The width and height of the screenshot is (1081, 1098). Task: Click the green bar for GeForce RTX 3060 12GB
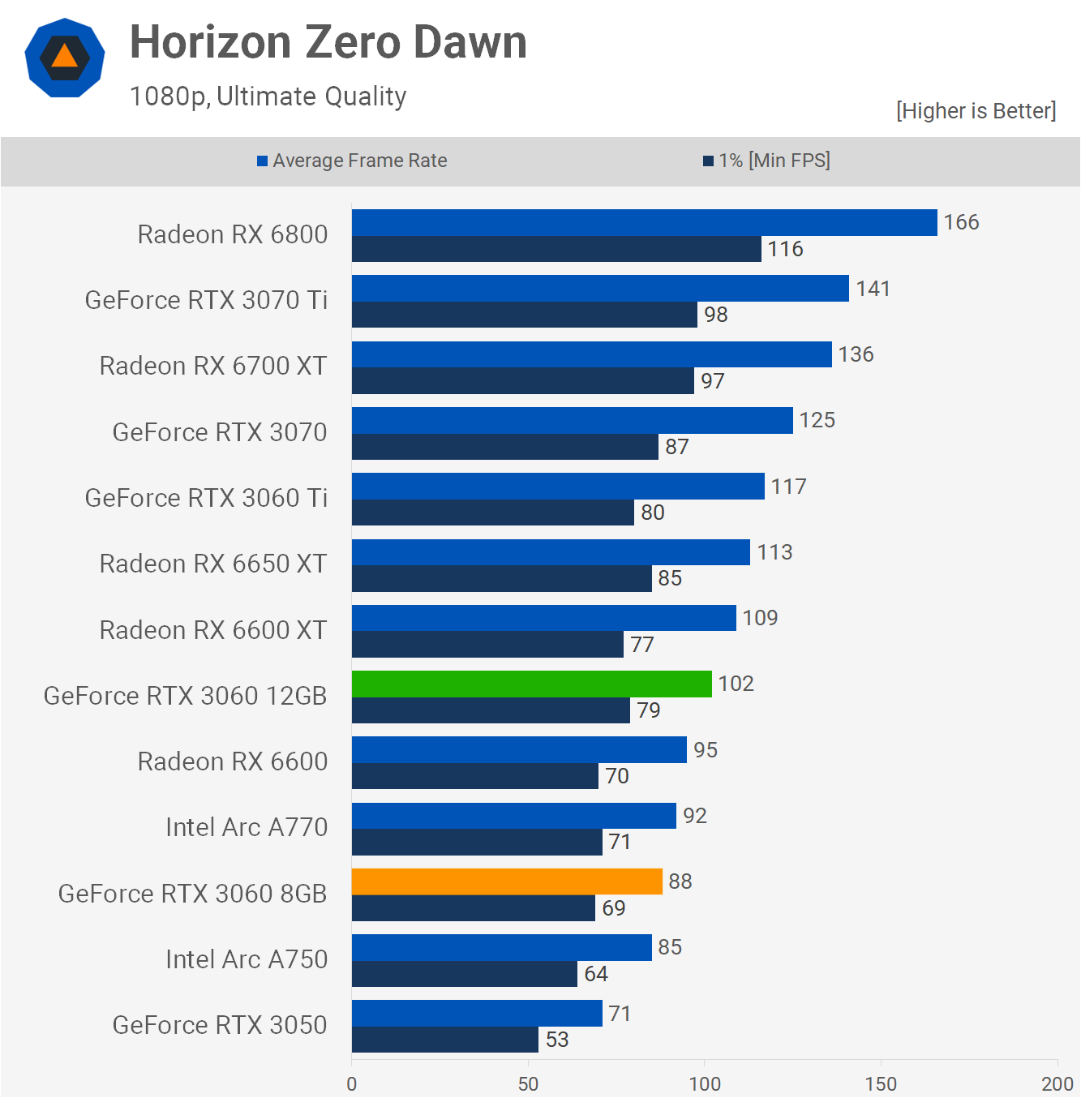click(x=531, y=684)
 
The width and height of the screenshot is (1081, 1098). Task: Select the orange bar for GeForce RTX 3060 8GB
click(x=507, y=881)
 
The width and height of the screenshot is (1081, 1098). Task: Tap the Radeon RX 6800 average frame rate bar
click(x=644, y=222)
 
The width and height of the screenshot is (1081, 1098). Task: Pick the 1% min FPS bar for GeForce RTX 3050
click(x=444, y=1040)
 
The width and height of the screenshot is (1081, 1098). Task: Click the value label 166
click(x=961, y=222)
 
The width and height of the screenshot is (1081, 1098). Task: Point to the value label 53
click(x=557, y=1040)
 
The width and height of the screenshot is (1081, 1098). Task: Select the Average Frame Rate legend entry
click(x=352, y=161)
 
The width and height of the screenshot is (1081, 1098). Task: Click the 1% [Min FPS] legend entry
click(x=766, y=161)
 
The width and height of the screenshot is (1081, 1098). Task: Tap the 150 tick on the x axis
click(x=881, y=1083)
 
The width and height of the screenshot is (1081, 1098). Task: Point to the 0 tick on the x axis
click(x=351, y=1083)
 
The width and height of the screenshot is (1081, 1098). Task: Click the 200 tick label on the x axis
click(x=1057, y=1083)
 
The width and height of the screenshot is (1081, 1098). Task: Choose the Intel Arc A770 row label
click(x=247, y=827)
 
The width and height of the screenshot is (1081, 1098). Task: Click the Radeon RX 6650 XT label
click(x=213, y=564)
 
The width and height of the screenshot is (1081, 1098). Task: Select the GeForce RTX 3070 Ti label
click(x=206, y=300)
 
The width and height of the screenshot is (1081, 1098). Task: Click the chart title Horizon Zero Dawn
click(x=328, y=42)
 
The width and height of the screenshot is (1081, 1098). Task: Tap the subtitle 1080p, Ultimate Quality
click(x=268, y=97)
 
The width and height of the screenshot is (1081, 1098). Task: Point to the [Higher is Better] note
click(x=976, y=111)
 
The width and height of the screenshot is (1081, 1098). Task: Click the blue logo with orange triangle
click(x=65, y=58)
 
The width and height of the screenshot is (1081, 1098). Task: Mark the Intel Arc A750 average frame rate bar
click(x=501, y=947)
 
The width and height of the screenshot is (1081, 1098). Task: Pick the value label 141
click(x=873, y=289)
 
